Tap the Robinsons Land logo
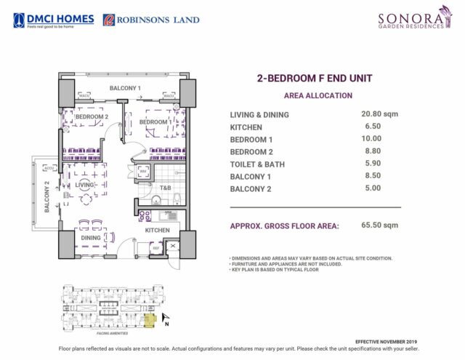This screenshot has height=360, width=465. (151, 20)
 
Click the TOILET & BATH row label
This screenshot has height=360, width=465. (257, 164)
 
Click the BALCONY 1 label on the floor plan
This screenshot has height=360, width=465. (124, 88)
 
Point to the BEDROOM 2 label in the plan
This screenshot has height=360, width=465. (92, 116)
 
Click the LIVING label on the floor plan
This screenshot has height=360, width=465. (85, 185)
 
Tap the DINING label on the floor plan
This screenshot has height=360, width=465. (91, 237)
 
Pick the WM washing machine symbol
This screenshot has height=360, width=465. (143, 172)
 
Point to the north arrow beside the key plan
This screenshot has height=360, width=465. (166, 317)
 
